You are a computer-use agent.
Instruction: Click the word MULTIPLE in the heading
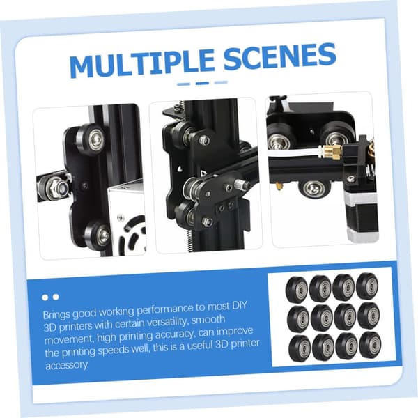[x=142, y=65]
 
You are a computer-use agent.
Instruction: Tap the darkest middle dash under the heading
[x=202, y=83]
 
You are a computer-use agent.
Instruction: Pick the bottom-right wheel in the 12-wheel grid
[x=371, y=345]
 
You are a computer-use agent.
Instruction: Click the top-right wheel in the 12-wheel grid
[x=367, y=286]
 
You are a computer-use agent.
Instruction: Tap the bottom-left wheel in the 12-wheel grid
[x=300, y=348]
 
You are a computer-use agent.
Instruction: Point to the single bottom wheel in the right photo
[x=313, y=189]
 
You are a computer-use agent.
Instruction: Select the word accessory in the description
[x=66, y=364]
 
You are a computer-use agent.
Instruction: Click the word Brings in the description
[x=56, y=315]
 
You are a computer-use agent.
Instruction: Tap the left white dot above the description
[x=45, y=297]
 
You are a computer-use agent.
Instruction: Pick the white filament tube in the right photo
[x=294, y=153]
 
